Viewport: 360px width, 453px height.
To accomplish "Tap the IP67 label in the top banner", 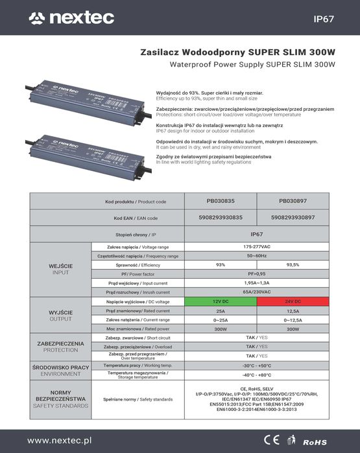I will [323, 18].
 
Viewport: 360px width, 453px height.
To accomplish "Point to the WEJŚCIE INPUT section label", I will [60, 270].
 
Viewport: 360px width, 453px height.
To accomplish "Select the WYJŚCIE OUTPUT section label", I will [60, 316].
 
